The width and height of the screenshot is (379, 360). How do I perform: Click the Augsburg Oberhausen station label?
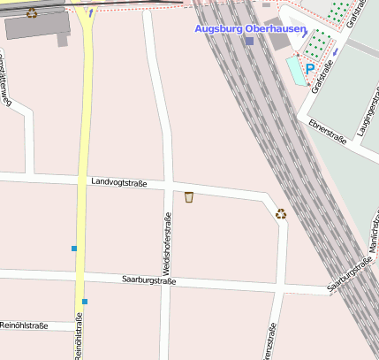(250, 29)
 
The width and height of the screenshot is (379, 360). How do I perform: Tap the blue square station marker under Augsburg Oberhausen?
(250, 41)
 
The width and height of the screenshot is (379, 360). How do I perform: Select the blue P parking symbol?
(310, 68)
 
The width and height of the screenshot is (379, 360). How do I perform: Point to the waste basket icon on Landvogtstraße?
(189, 196)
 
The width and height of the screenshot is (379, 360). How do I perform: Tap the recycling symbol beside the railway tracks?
(281, 213)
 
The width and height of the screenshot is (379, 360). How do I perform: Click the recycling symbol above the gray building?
(33, 13)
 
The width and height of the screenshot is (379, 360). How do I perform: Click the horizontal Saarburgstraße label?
(148, 281)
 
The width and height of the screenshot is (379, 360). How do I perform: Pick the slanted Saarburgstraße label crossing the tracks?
(348, 275)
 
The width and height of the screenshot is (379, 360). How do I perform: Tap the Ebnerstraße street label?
(328, 132)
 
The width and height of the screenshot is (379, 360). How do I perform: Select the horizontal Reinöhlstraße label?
(24, 326)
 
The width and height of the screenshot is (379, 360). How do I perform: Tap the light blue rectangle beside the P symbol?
(294, 68)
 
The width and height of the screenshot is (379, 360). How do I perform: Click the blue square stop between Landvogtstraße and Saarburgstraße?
(74, 249)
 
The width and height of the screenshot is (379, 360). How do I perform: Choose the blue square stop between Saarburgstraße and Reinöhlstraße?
(85, 302)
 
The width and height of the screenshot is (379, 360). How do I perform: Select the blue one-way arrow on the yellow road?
(91, 12)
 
